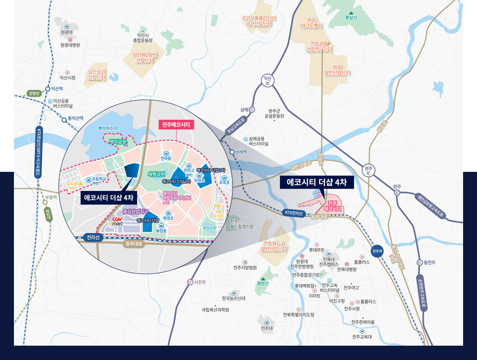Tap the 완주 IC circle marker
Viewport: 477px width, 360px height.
368,171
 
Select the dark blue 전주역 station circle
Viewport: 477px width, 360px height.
377,251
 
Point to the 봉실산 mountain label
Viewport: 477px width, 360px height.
351,17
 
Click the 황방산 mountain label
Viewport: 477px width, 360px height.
263,283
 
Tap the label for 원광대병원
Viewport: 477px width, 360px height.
70,45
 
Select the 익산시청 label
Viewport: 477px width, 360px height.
68,78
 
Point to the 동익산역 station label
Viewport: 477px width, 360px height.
76,119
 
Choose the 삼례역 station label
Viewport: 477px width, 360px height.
240,152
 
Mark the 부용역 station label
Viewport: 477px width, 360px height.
51,197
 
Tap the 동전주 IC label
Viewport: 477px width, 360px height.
430,262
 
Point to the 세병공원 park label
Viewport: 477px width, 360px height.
156,174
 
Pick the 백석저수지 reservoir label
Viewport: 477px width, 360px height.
108,128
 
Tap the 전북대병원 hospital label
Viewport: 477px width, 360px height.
347,269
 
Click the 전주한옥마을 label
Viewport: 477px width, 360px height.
363,322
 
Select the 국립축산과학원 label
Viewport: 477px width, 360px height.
215,309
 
